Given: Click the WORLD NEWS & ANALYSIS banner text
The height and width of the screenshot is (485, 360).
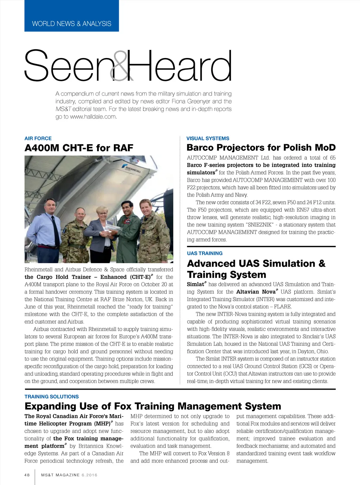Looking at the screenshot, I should click(x=71, y=24).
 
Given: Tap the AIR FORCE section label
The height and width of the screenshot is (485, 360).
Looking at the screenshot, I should click(x=38, y=139).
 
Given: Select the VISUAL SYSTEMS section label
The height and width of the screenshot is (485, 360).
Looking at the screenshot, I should click(x=208, y=139).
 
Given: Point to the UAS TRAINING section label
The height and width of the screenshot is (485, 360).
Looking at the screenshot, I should click(x=205, y=253).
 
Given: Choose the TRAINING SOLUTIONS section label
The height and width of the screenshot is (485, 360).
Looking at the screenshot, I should click(x=52, y=397).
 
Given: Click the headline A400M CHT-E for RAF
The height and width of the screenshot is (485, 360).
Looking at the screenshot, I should click(x=79, y=148).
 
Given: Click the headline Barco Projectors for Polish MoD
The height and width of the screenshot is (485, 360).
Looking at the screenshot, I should click(x=261, y=148).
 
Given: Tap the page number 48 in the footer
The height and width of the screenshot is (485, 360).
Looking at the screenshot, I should click(x=27, y=475).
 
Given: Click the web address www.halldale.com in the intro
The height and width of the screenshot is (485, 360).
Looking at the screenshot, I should click(x=93, y=117).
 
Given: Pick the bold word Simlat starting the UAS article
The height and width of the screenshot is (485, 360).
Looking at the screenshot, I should click(x=195, y=285).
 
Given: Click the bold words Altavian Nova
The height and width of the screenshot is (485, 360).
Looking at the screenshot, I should click(x=256, y=292).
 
